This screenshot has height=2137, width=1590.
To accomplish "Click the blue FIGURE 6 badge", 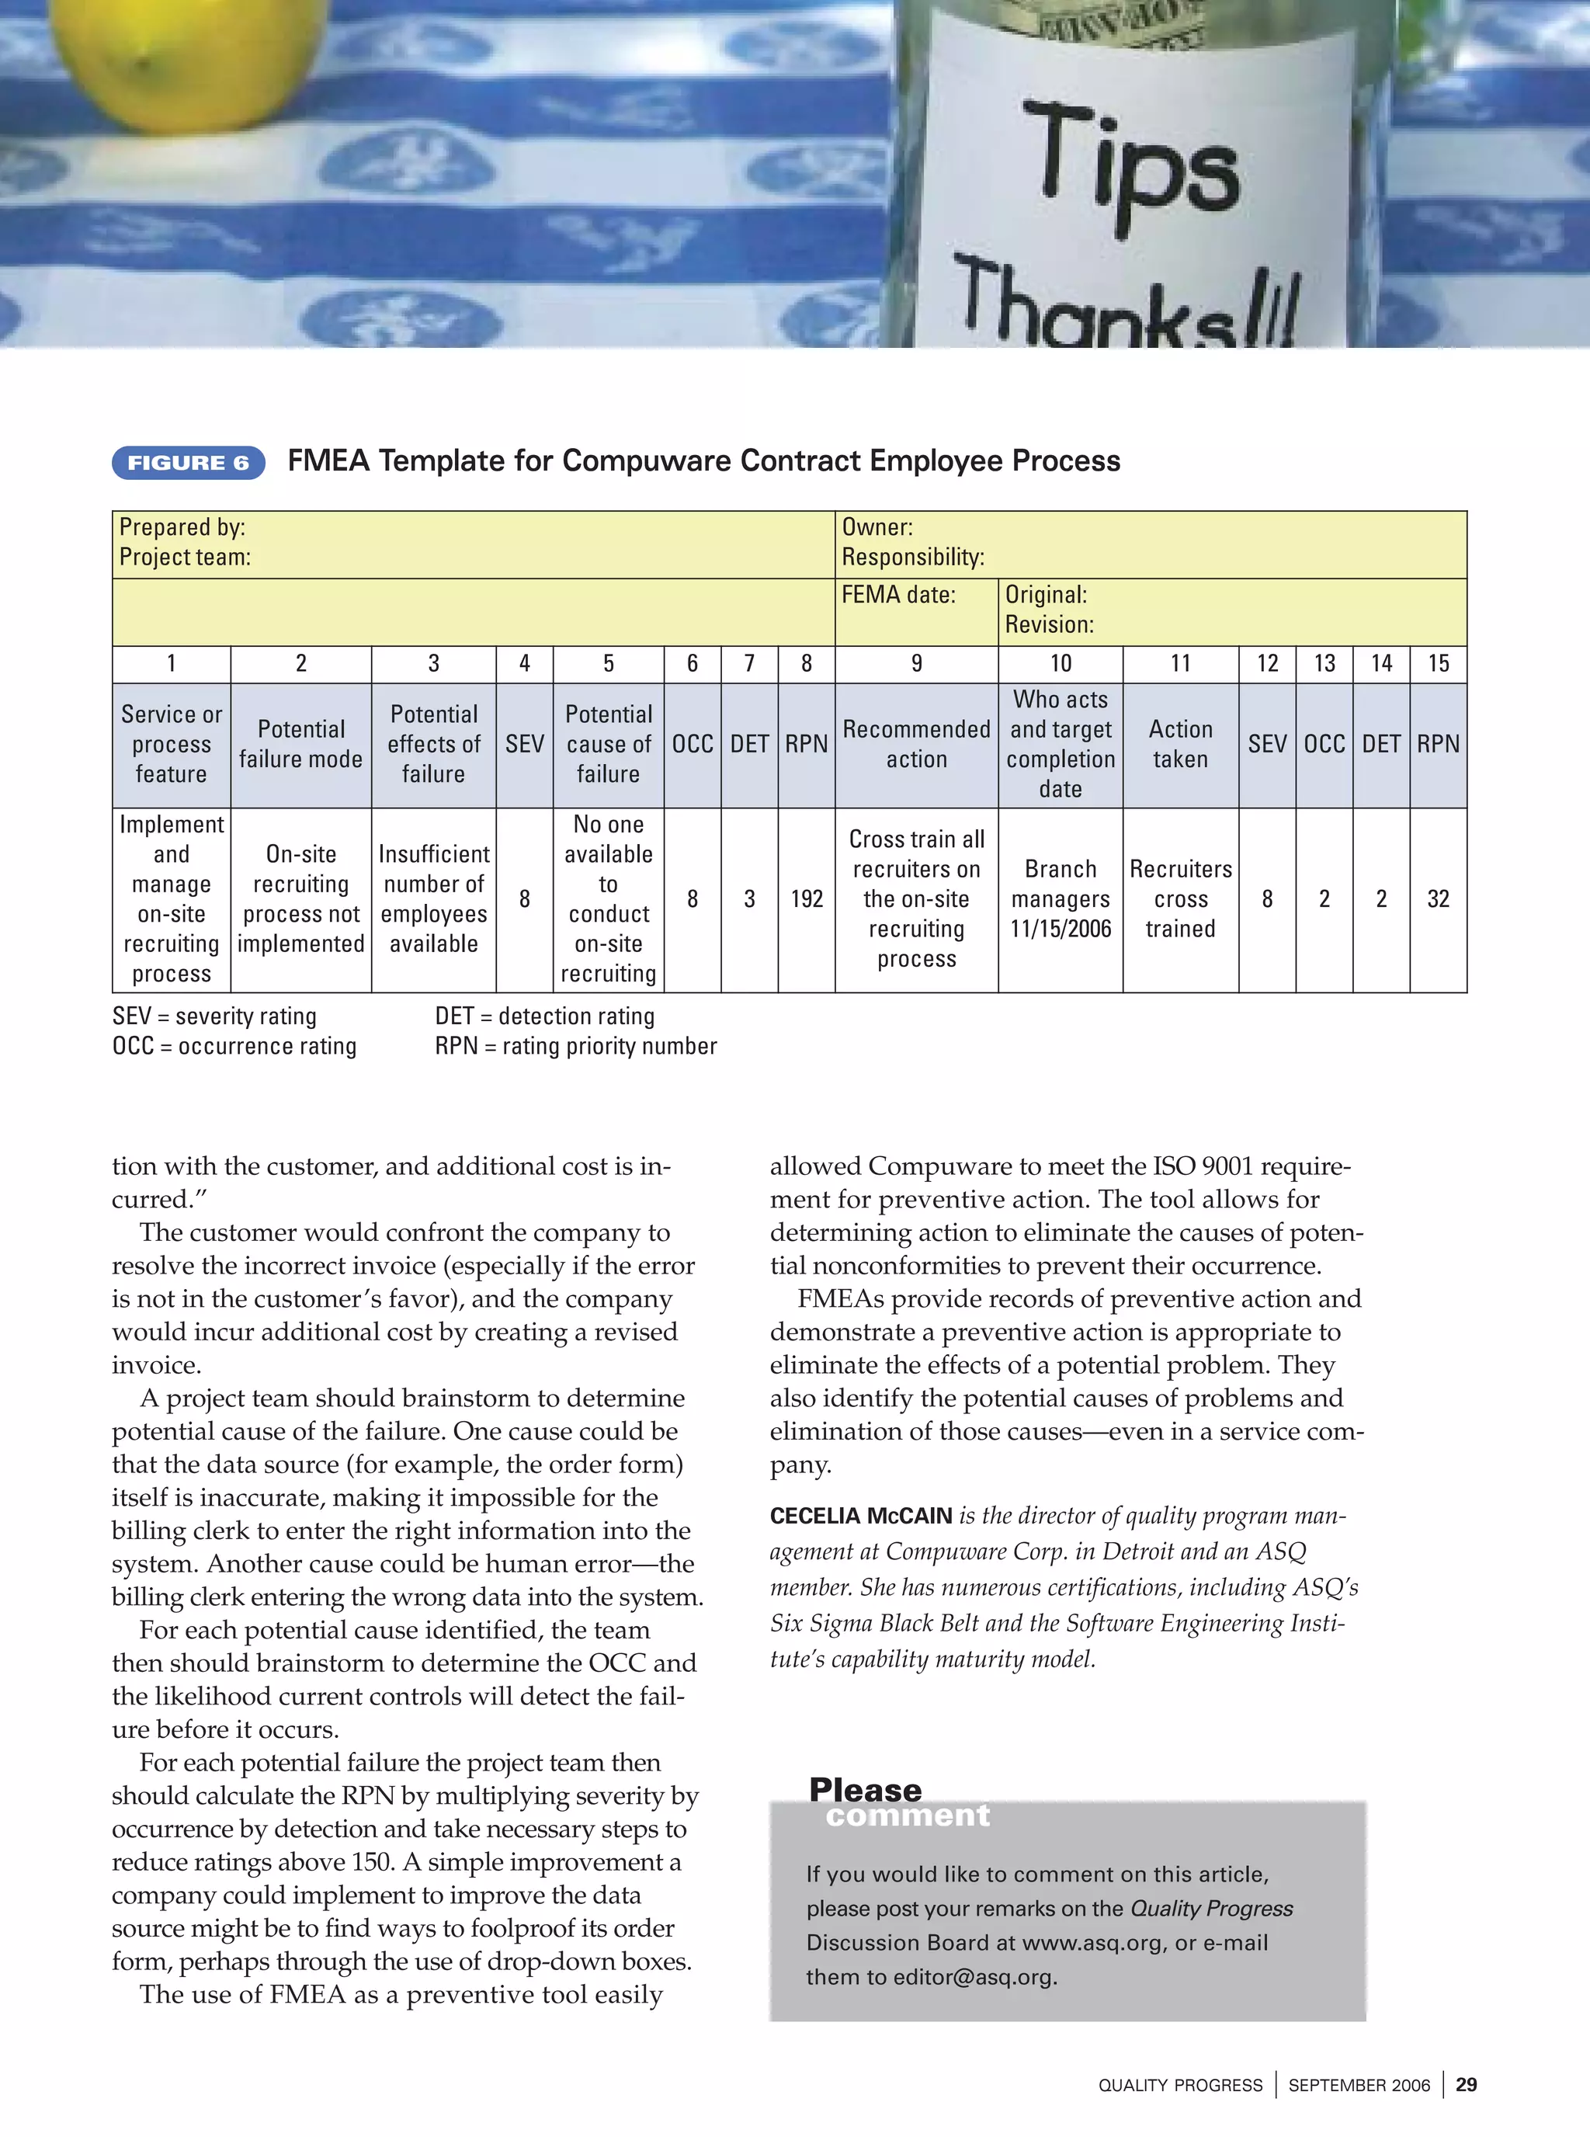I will coord(189,463).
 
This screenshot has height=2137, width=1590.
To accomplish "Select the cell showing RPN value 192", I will coord(806,899).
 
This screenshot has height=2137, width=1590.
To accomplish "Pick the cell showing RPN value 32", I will coord(1437,899).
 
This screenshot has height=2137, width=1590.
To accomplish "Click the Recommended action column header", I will coord(916,744).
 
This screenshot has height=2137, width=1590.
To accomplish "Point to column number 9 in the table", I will coord(916,663).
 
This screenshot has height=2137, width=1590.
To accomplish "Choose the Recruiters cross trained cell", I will coord(1180,899).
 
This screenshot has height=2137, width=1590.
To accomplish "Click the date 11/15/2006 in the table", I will coord(1060,929).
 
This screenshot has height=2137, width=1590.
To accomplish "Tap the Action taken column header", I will coord(1180,744).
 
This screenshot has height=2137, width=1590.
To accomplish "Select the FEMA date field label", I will coord(898,595).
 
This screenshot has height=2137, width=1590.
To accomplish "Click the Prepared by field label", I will coord(182,527).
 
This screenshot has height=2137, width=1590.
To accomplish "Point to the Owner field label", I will coord(877,527).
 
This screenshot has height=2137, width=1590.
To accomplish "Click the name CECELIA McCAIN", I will coord(860,1516).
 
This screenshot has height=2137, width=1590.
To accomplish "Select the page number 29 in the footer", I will coord(1466,2085).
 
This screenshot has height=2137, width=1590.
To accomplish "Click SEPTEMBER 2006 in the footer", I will coord(1358,2086).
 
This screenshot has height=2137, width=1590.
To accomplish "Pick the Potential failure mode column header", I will coord(300,744).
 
